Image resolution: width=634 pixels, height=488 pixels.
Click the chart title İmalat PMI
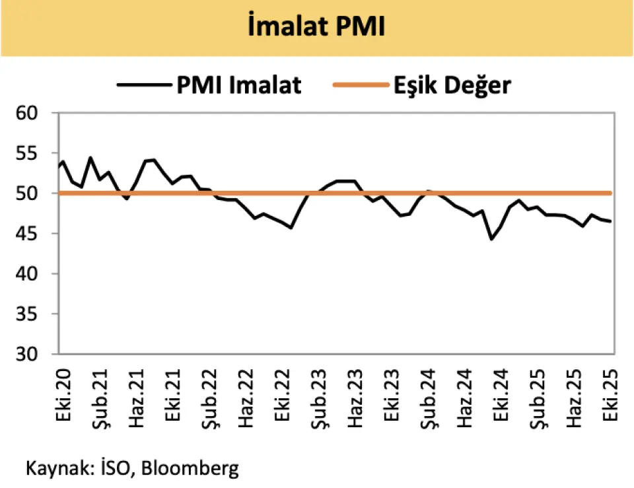(316, 28)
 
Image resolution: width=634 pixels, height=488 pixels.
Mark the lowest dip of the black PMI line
(491, 239)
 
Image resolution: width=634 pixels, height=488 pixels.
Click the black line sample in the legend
(143, 85)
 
